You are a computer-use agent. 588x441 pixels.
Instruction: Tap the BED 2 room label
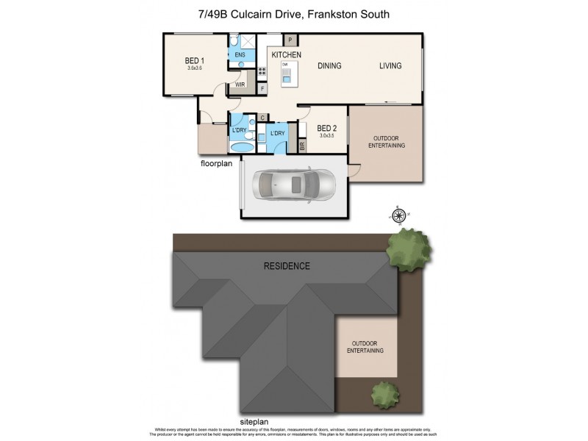(x=315, y=129)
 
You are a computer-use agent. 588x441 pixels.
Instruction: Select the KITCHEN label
(x=287, y=56)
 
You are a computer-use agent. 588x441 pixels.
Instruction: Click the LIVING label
(x=390, y=66)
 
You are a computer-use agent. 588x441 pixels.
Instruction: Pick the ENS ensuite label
(x=240, y=54)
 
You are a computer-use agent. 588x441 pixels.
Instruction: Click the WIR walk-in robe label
(x=240, y=85)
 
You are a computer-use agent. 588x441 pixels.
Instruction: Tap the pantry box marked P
(x=290, y=40)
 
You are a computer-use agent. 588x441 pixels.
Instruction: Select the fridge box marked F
(x=263, y=89)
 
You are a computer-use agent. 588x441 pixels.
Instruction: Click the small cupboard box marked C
(x=261, y=118)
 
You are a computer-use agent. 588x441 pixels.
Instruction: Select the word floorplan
(x=216, y=163)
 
